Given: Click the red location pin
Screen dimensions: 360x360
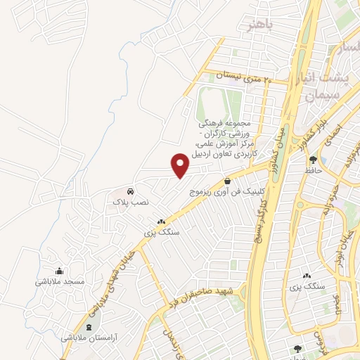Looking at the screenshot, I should [x=181, y=165].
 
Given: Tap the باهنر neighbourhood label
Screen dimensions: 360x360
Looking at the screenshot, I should [x=258, y=25].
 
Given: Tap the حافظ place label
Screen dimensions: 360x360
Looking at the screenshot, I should [x=313, y=171].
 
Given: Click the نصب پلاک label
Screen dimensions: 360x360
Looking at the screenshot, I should [x=131, y=201].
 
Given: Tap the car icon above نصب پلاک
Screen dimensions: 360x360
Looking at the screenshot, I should [x=130, y=191].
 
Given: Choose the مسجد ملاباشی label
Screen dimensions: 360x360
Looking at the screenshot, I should [x=60, y=281].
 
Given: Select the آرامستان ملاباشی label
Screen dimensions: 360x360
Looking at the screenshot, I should [x=89, y=338].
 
